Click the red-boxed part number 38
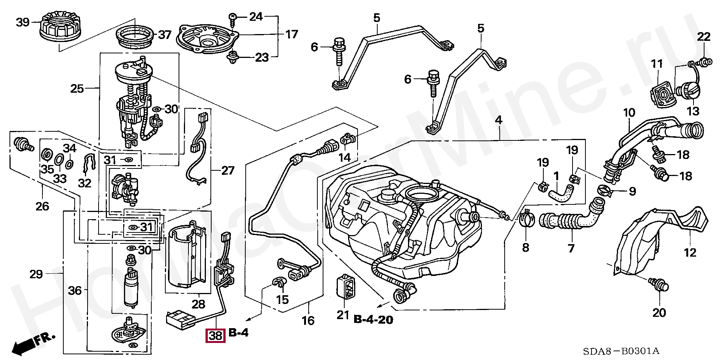(x=215, y=335)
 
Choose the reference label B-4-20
(x=373, y=320)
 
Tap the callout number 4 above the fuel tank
(x=498, y=120)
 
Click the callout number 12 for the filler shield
(x=690, y=252)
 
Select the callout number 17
(x=292, y=34)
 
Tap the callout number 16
(x=308, y=321)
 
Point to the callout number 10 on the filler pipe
(x=629, y=113)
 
